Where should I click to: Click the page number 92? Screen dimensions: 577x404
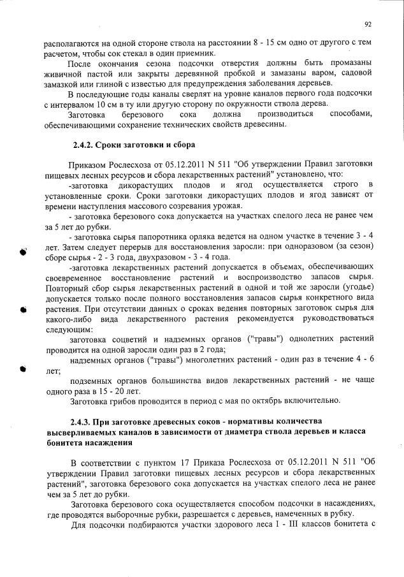point(368,25)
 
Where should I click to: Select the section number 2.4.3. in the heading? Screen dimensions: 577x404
point(82,422)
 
